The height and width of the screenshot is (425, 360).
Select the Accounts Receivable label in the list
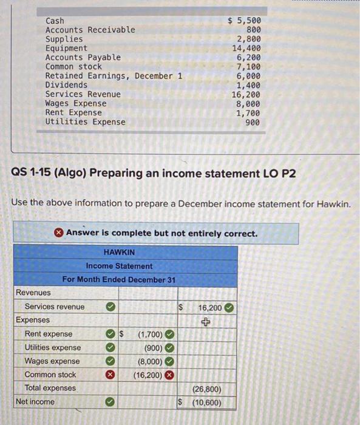[90, 30]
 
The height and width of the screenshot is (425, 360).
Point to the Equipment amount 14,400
[246, 48]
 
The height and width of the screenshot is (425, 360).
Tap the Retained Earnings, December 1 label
[114, 76]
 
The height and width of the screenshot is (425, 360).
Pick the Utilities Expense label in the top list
[85, 121]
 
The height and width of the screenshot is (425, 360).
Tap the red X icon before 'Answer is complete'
[58, 233]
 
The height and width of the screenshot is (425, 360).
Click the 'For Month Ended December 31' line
[119, 279]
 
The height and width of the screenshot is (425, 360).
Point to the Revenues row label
[33, 293]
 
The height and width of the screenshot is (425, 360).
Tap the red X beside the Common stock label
[110, 375]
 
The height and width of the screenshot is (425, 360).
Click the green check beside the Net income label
[110, 401]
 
